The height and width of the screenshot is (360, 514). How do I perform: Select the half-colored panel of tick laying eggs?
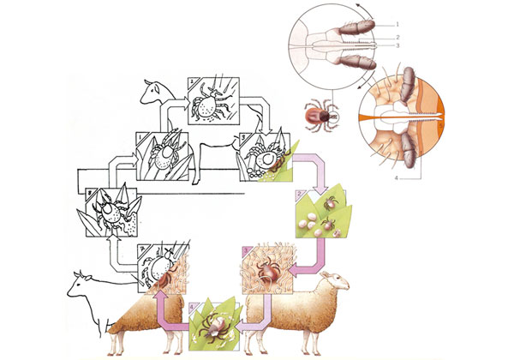268,155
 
